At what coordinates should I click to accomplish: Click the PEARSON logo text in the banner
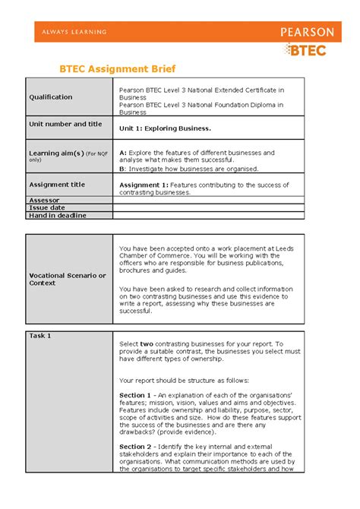click(x=307, y=32)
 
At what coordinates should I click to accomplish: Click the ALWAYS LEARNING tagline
click(x=74, y=32)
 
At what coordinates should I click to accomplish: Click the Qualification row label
click(x=51, y=97)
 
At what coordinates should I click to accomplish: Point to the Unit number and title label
click(x=65, y=124)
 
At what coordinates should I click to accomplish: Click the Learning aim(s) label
click(x=55, y=152)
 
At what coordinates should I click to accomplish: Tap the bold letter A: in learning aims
click(x=123, y=153)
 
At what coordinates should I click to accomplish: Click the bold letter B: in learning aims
click(x=123, y=169)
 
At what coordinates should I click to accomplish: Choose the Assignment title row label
click(x=58, y=185)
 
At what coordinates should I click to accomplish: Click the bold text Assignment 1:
click(x=144, y=185)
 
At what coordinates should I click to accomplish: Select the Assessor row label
click(x=43, y=200)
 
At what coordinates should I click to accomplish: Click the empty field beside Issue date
click(x=208, y=207)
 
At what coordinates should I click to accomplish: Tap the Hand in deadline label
click(x=58, y=215)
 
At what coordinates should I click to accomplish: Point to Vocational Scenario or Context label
click(x=67, y=279)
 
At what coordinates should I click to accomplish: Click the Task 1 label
click(x=40, y=335)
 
